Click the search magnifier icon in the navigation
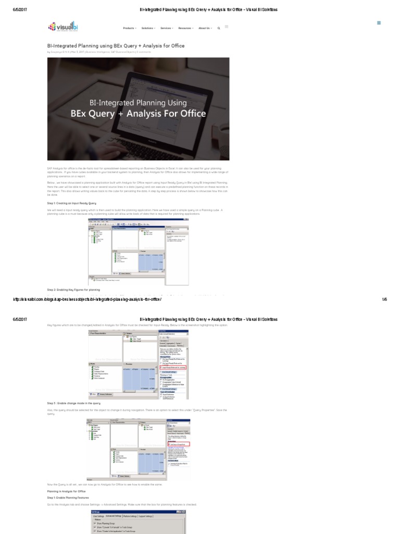point(219,28)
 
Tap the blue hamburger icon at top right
point(378,23)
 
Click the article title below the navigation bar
point(116,45)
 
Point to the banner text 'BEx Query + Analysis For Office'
point(139,113)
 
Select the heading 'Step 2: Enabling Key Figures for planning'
point(73,289)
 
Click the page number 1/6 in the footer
point(384,299)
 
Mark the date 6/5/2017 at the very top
point(20,9)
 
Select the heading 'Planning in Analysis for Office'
point(66,491)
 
